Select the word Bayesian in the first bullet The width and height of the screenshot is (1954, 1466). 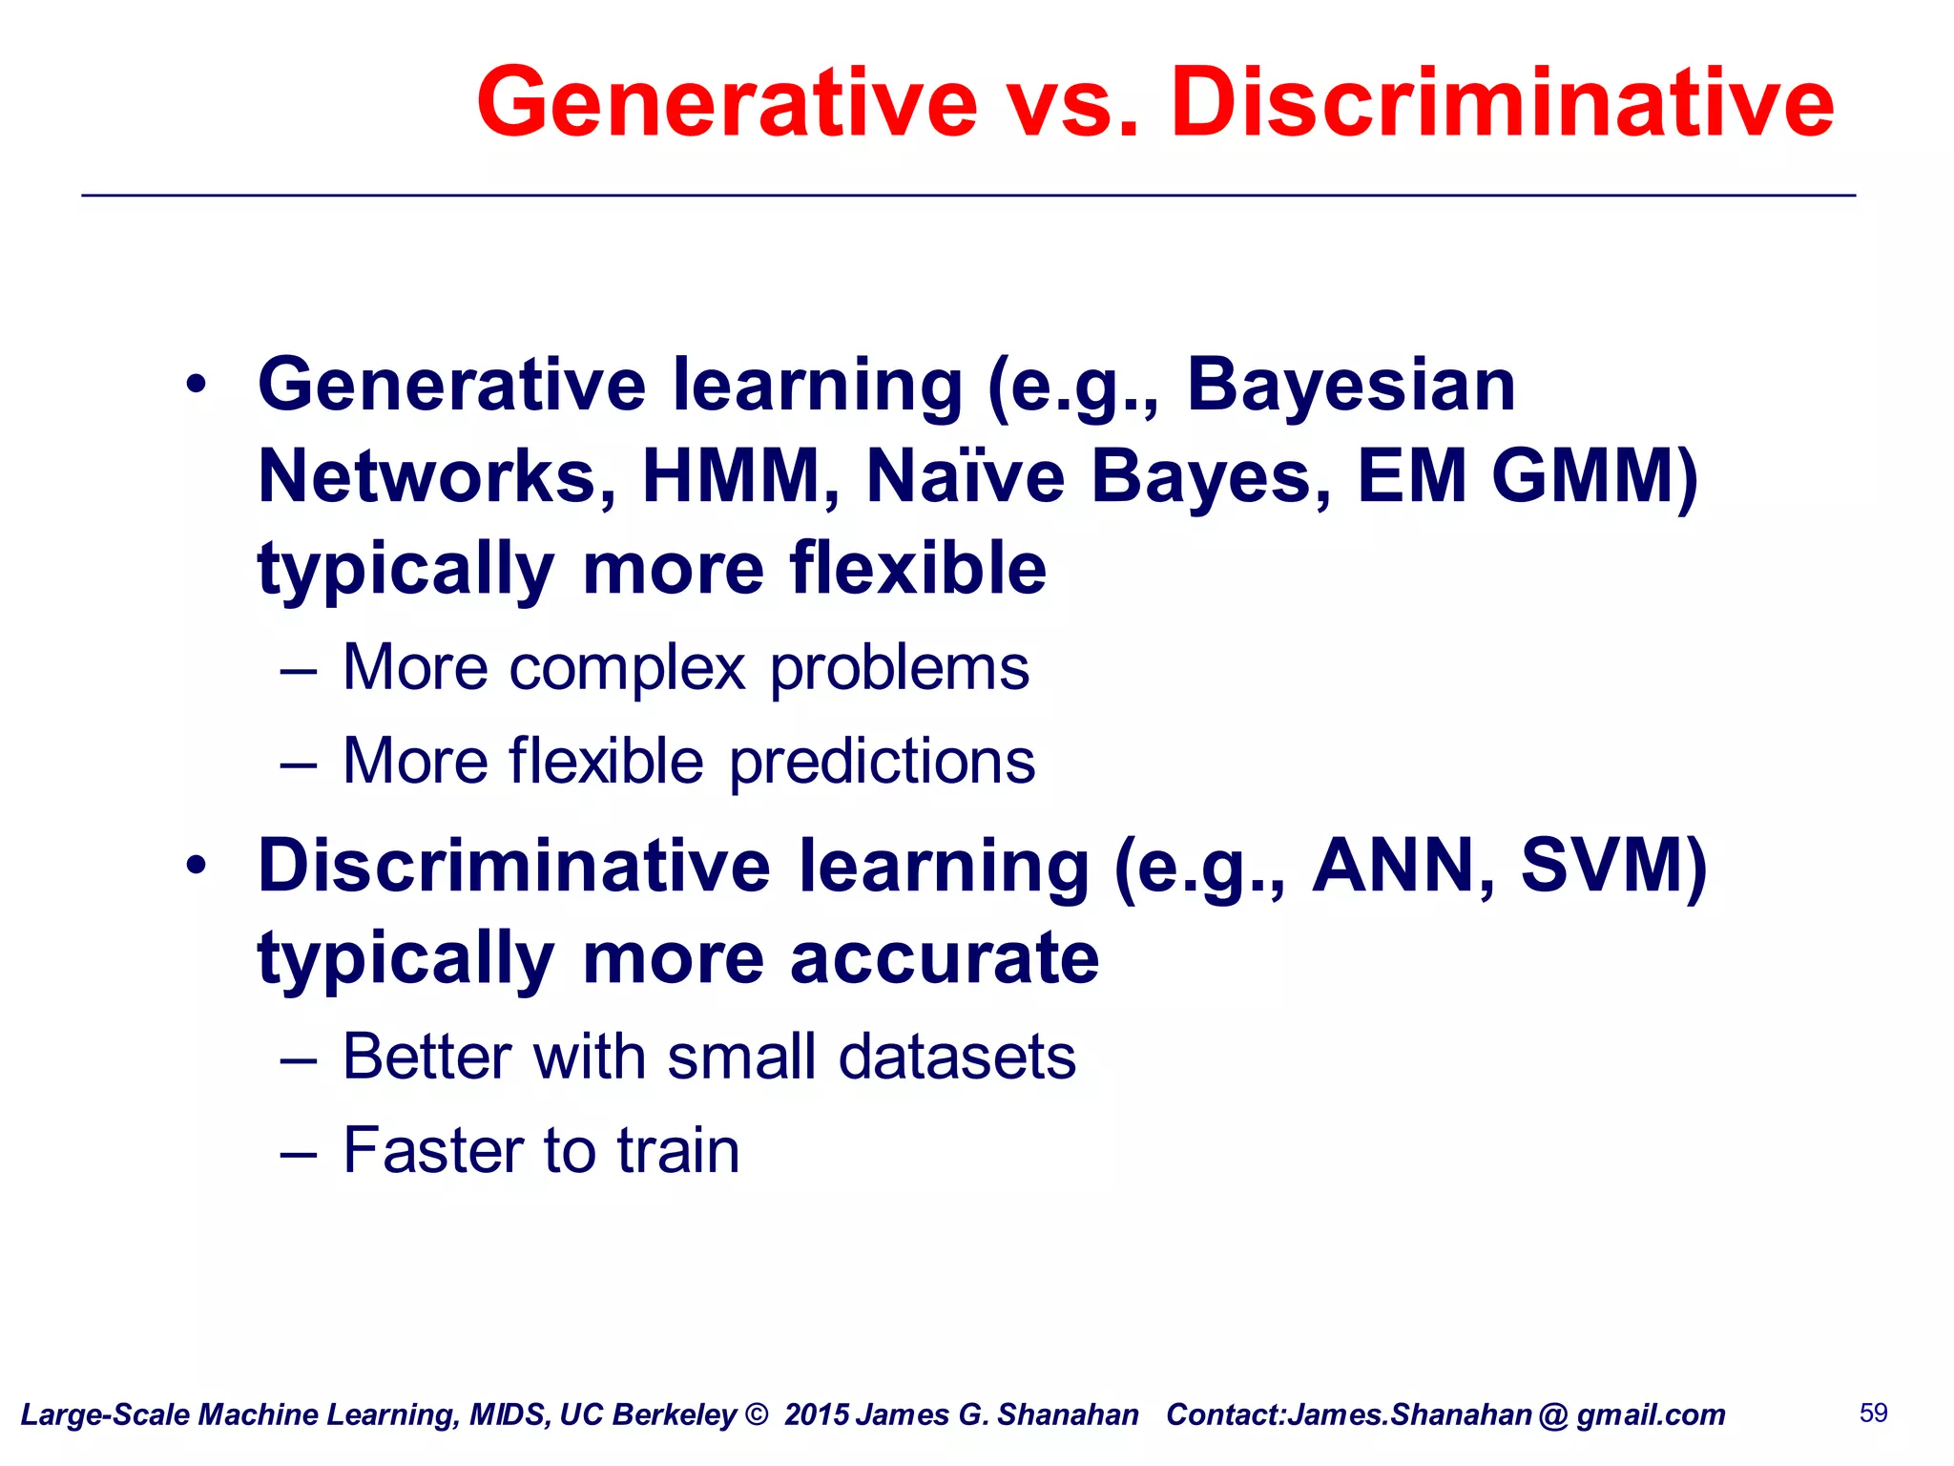1350,385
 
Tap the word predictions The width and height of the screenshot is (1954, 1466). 882,761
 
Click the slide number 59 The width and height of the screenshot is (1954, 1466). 1873,1413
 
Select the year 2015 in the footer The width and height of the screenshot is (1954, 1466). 815,1414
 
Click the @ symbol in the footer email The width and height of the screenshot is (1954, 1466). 1553,1415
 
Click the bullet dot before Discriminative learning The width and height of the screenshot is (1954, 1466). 197,866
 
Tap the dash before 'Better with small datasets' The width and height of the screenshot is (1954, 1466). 298,1058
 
